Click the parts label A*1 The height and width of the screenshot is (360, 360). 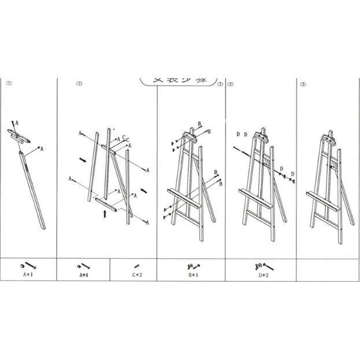click(28, 274)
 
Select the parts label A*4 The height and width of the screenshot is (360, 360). click(84, 274)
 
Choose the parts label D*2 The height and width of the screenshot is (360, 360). click(262, 275)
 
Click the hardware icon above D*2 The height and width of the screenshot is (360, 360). click(261, 266)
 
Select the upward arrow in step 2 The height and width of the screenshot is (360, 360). click(104, 213)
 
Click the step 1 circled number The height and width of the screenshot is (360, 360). click(9, 83)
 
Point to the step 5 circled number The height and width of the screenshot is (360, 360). click(303, 84)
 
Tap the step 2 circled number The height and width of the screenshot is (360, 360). click(79, 83)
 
